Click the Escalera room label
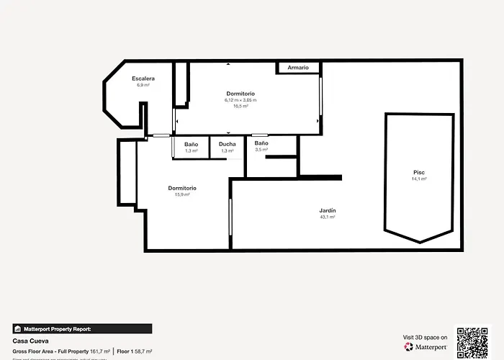pos(143,78)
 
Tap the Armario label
pos(298,68)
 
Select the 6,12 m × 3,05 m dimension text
pos(240,100)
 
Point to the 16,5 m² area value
pos(240,106)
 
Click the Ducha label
pos(227,144)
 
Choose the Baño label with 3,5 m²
pos(261,143)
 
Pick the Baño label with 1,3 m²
pos(191,144)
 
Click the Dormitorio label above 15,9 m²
pos(182,188)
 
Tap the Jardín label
pos(328,210)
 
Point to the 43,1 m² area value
pos(328,217)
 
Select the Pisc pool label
pos(419,172)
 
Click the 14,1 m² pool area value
pos(419,179)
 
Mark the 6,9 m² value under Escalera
pos(143,85)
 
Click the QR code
pos(472,342)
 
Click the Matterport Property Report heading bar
pos(82,328)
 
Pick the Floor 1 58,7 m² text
pos(134,351)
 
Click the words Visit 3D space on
pos(424,337)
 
